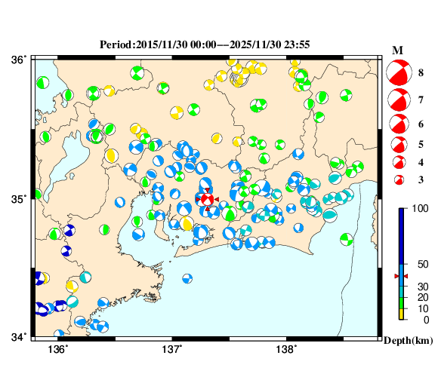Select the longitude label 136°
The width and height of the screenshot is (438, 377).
point(58,349)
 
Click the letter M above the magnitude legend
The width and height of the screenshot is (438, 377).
point(397,50)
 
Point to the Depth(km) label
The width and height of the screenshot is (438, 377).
point(408,341)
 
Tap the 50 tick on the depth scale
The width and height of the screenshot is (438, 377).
point(423,264)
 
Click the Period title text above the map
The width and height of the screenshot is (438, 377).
point(204,44)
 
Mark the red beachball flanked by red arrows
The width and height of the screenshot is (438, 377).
point(206,199)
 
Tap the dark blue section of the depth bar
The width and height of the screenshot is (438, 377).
point(403,234)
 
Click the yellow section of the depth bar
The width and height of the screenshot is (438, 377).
point(403,314)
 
